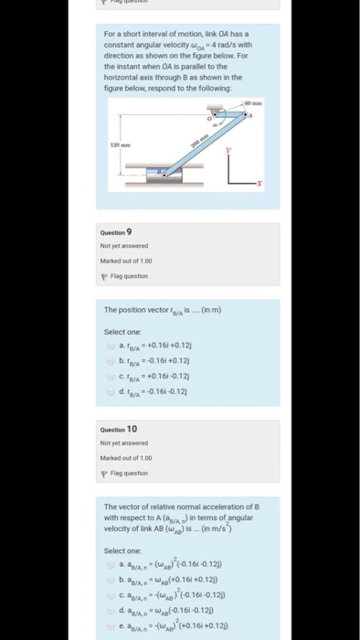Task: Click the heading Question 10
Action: point(121,429)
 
